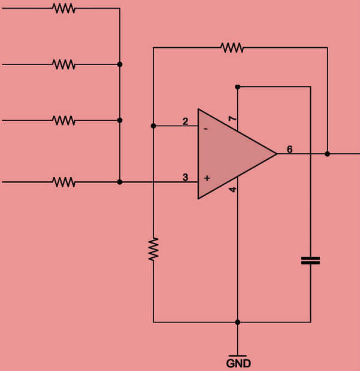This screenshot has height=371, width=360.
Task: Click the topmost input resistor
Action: (x=63, y=8)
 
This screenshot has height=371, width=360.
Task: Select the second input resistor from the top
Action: (x=63, y=64)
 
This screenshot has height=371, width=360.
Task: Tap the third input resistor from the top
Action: (x=63, y=120)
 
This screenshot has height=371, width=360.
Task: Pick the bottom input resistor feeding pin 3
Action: (x=63, y=181)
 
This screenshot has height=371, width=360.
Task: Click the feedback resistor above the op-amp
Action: (x=232, y=47)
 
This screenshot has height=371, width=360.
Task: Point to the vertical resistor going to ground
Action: (x=154, y=248)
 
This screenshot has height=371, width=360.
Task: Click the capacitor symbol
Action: (x=310, y=260)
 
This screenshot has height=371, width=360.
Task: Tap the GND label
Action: (x=238, y=363)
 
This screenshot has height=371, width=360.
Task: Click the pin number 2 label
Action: (x=185, y=121)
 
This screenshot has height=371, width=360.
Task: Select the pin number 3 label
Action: (x=185, y=177)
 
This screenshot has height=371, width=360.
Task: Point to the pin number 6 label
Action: (x=289, y=149)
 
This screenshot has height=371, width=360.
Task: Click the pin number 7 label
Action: (x=234, y=119)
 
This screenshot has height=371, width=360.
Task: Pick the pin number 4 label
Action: (x=233, y=190)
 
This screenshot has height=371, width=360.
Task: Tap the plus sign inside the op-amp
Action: (x=207, y=178)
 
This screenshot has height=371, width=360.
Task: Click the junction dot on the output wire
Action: (x=327, y=154)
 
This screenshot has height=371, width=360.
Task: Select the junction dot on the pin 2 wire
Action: (x=154, y=126)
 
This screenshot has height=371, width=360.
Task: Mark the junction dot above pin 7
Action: (x=238, y=87)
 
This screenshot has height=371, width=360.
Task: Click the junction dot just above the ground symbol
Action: (x=238, y=322)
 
